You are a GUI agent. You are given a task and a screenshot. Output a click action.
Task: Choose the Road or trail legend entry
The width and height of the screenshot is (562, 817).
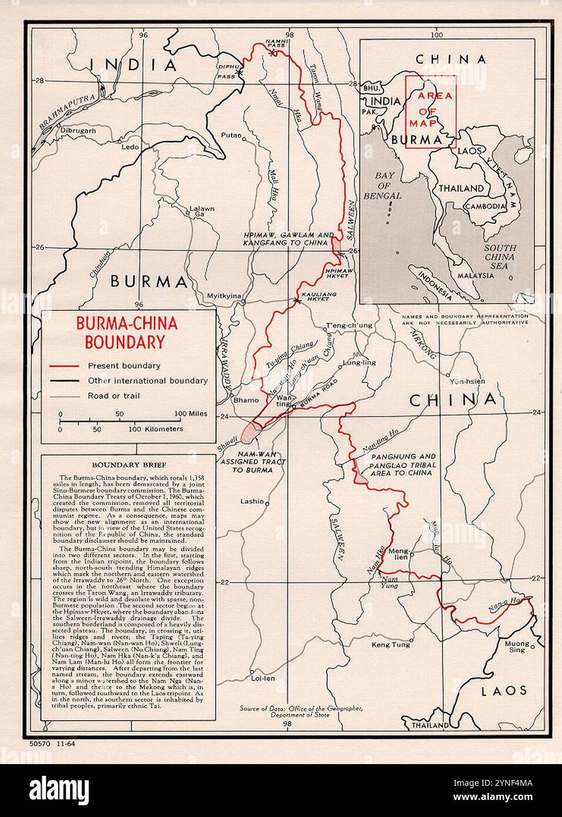click(x=114, y=396)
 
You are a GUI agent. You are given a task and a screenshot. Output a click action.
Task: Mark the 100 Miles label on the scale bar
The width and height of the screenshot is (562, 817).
click(x=190, y=414)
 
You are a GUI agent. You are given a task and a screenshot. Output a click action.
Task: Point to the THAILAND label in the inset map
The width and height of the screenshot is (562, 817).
click(x=461, y=189)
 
